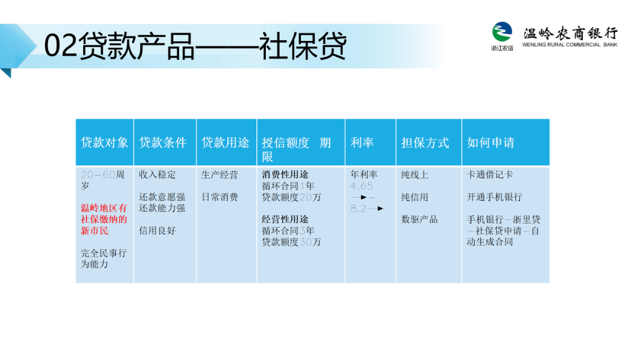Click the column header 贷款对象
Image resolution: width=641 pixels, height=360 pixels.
[x=104, y=142]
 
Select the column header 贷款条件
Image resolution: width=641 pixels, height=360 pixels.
[x=163, y=142]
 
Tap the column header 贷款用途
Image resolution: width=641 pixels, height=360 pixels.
[x=226, y=142]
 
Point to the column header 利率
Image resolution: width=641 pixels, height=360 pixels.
[x=362, y=142]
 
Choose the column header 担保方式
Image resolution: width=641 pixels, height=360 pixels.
[x=425, y=142]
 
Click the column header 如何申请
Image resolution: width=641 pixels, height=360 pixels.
[x=491, y=142]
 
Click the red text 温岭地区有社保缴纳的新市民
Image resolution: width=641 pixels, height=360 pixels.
[x=104, y=219]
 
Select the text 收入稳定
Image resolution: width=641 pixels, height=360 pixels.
[x=157, y=174]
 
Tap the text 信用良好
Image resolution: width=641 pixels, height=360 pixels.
[x=157, y=231]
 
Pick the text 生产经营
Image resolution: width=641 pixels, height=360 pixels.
[x=220, y=175]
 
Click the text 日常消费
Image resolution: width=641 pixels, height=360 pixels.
[x=220, y=197]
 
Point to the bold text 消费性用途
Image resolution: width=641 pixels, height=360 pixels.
[x=285, y=174]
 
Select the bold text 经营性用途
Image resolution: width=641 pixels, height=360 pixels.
[x=285, y=219]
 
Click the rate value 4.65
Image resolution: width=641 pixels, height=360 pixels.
[x=362, y=186]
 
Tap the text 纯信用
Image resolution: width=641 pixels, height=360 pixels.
[x=414, y=197]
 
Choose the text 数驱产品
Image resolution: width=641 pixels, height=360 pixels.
[x=420, y=219]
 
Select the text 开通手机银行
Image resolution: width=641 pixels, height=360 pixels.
[x=494, y=197]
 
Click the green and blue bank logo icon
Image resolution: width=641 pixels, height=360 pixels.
[x=502, y=32]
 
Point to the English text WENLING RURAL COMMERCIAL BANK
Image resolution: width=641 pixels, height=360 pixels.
[x=570, y=44]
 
